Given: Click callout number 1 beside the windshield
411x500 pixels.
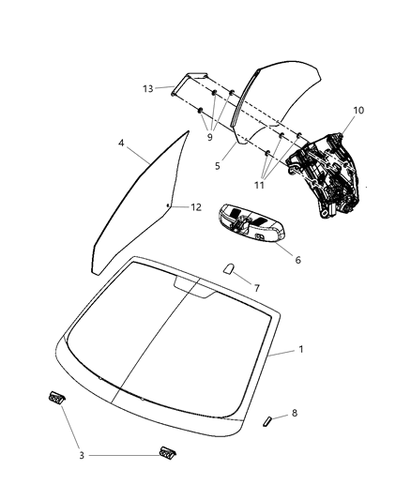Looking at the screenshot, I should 300,350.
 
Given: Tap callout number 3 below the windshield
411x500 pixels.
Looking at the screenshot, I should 82,455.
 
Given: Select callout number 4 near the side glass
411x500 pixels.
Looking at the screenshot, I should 122,144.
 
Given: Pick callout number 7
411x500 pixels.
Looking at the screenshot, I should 257,288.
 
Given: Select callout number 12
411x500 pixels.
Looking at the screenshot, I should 197,206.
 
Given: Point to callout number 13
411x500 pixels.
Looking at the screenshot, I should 147,89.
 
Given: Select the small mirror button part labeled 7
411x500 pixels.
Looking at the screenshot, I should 228,268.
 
